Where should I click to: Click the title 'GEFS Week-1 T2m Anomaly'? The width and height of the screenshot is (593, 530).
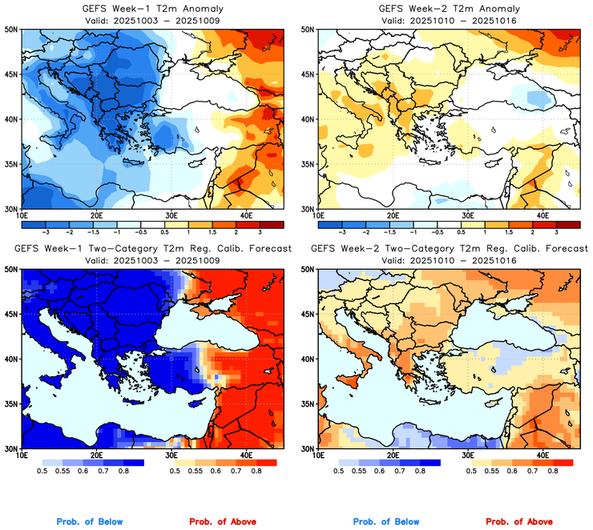pyautogui.click(x=151, y=9)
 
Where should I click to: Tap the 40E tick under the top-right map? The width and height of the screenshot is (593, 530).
pyautogui.click(x=542, y=215)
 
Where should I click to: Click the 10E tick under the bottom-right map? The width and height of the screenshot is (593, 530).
pyautogui.click(x=318, y=456)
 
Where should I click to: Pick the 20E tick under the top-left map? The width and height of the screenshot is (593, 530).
pyautogui.click(x=96, y=215)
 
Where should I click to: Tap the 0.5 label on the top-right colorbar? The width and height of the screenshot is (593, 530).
pyautogui.click(x=462, y=231)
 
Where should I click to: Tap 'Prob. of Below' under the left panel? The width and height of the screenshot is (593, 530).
pyautogui.click(x=90, y=522)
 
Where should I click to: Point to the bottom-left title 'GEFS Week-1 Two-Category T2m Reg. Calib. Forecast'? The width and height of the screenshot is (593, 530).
pyautogui.click(x=152, y=250)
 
